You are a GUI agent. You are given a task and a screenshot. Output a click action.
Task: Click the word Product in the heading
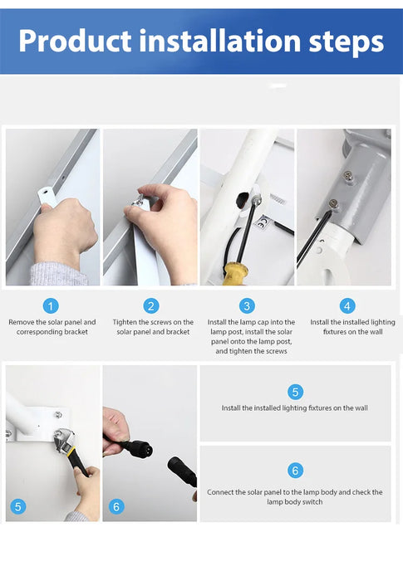(x=75, y=41)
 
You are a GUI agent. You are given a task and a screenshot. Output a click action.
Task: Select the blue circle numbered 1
(x=51, y=306)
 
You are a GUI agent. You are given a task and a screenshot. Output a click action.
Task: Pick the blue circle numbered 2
(x=151, y=306)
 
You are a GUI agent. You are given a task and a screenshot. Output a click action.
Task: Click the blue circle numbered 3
(x=247, y=306)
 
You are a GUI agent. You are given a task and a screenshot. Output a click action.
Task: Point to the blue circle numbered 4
(x=347, y=306)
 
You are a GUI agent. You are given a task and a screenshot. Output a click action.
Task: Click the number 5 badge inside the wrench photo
(x=18, y=506)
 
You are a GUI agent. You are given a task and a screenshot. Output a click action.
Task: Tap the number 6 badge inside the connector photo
(x=116, y=506)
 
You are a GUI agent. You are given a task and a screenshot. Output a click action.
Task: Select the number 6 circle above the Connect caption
(x=295, y=471)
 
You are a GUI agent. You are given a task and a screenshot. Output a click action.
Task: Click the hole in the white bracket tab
(x=45, y=193)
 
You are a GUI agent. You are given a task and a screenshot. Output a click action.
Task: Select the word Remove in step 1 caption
(x=21, y=322)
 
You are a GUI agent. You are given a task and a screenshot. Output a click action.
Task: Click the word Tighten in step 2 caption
(x=125, y=322)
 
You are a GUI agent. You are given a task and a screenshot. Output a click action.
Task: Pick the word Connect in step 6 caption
(x=220, y=492)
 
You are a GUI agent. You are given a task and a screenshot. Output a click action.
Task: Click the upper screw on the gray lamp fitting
(x=347, y=175)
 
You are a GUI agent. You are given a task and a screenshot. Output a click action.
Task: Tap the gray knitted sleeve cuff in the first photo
(x=58, y=273)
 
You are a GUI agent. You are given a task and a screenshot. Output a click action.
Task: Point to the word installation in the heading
(x=219, y=41)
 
